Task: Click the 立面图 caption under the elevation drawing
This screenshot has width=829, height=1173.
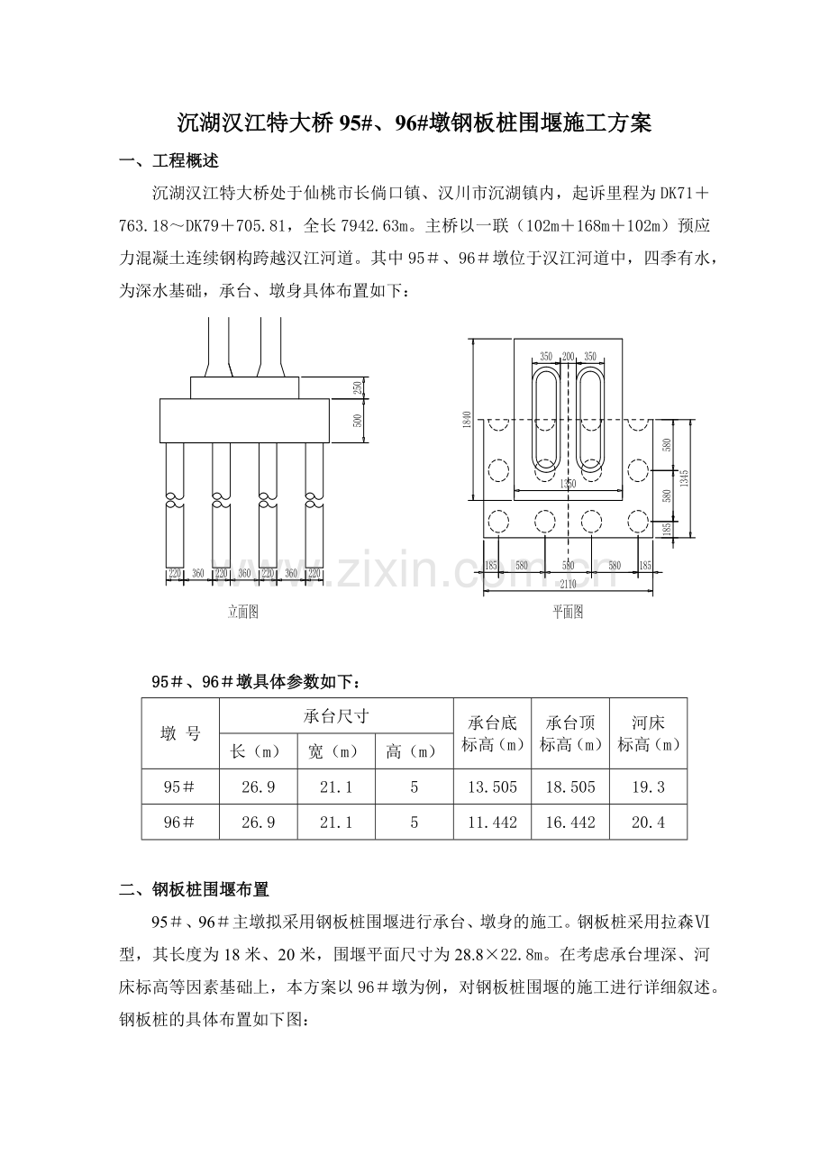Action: click(x=242, y=612)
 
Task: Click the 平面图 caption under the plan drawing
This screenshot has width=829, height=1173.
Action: click(x=568, y=612)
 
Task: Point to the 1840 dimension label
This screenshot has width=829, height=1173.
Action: click(x=467, y=419)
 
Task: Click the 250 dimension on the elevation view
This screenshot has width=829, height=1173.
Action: click(x=358, y=387)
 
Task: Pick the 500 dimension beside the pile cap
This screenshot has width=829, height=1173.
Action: click(x=358, y=420)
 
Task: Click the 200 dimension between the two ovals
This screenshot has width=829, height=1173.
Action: click(x=568, y=357)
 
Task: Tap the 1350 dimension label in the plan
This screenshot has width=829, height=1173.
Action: click(x=568, y=484)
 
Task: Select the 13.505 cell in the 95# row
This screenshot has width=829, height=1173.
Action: click(x=492, y=787)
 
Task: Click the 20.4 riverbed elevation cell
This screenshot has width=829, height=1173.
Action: click(x=648, y=822)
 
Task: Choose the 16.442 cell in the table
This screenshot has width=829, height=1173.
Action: click(x=570, y=822)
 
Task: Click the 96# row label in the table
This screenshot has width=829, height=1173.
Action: click(x=179, y=822)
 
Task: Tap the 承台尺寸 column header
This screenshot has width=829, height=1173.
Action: click(x=335, y=716)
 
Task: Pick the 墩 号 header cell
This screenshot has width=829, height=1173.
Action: click(x=180, y=733)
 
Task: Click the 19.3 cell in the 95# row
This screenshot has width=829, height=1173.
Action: click(x=648, y=787)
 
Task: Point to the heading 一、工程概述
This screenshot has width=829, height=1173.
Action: click(x=169, y=161)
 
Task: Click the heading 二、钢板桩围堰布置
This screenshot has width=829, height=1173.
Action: click(x=195, y=890)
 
